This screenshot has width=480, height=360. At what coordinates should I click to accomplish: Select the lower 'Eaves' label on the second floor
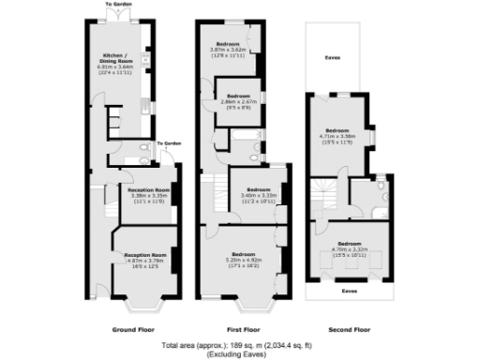coord(350,292)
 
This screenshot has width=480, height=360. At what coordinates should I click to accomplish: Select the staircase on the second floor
coord(323,198)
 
